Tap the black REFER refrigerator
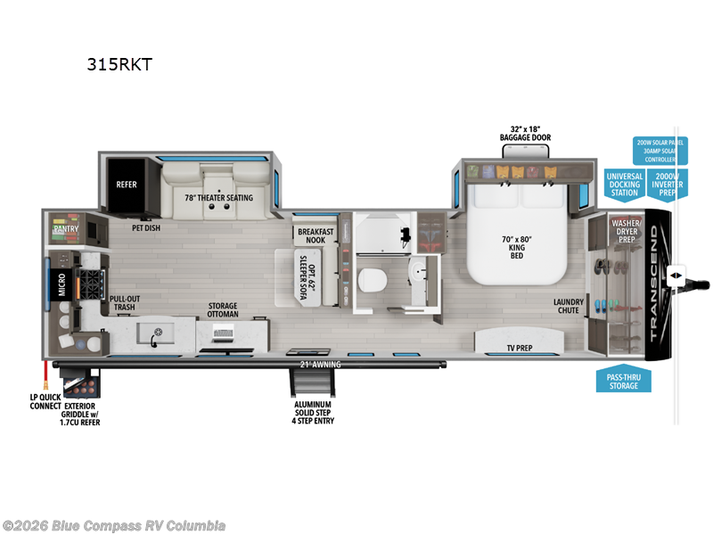pyautogui.click(x=127, y=185)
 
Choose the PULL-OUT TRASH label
pyautogui.click(x=124, y=303)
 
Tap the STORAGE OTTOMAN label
pyautogui.click(x=223, y=309)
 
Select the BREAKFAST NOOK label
pyautogui.click(x=315, y=235)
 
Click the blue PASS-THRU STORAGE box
pyautogui.click(x=624, y=381)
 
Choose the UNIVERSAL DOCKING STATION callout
pyautogui.click(x=624, y=183)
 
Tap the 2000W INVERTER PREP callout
pyautogui.click(x=668, y=183)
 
